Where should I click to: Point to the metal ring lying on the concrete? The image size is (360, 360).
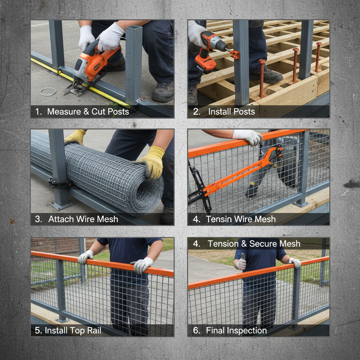48,92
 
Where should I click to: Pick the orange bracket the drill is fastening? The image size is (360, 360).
235,54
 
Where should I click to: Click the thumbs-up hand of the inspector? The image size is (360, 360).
241,262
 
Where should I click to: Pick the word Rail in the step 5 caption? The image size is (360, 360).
94,330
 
